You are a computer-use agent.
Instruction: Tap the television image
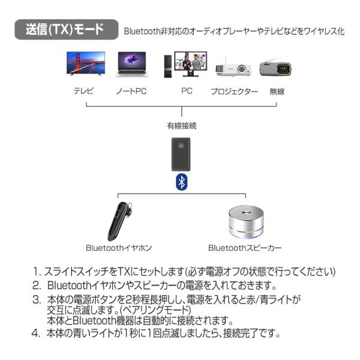pos(85,65)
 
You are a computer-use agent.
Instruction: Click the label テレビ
pos(83,92)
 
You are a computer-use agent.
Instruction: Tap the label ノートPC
pos(131,92)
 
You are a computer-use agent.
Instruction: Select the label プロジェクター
pos(234,92)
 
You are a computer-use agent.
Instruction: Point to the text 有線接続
pos(181,126)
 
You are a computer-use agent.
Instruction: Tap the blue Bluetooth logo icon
pos(181,182)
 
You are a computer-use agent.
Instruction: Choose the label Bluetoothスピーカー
pos(245,247)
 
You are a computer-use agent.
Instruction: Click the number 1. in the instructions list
pos(38,271)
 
